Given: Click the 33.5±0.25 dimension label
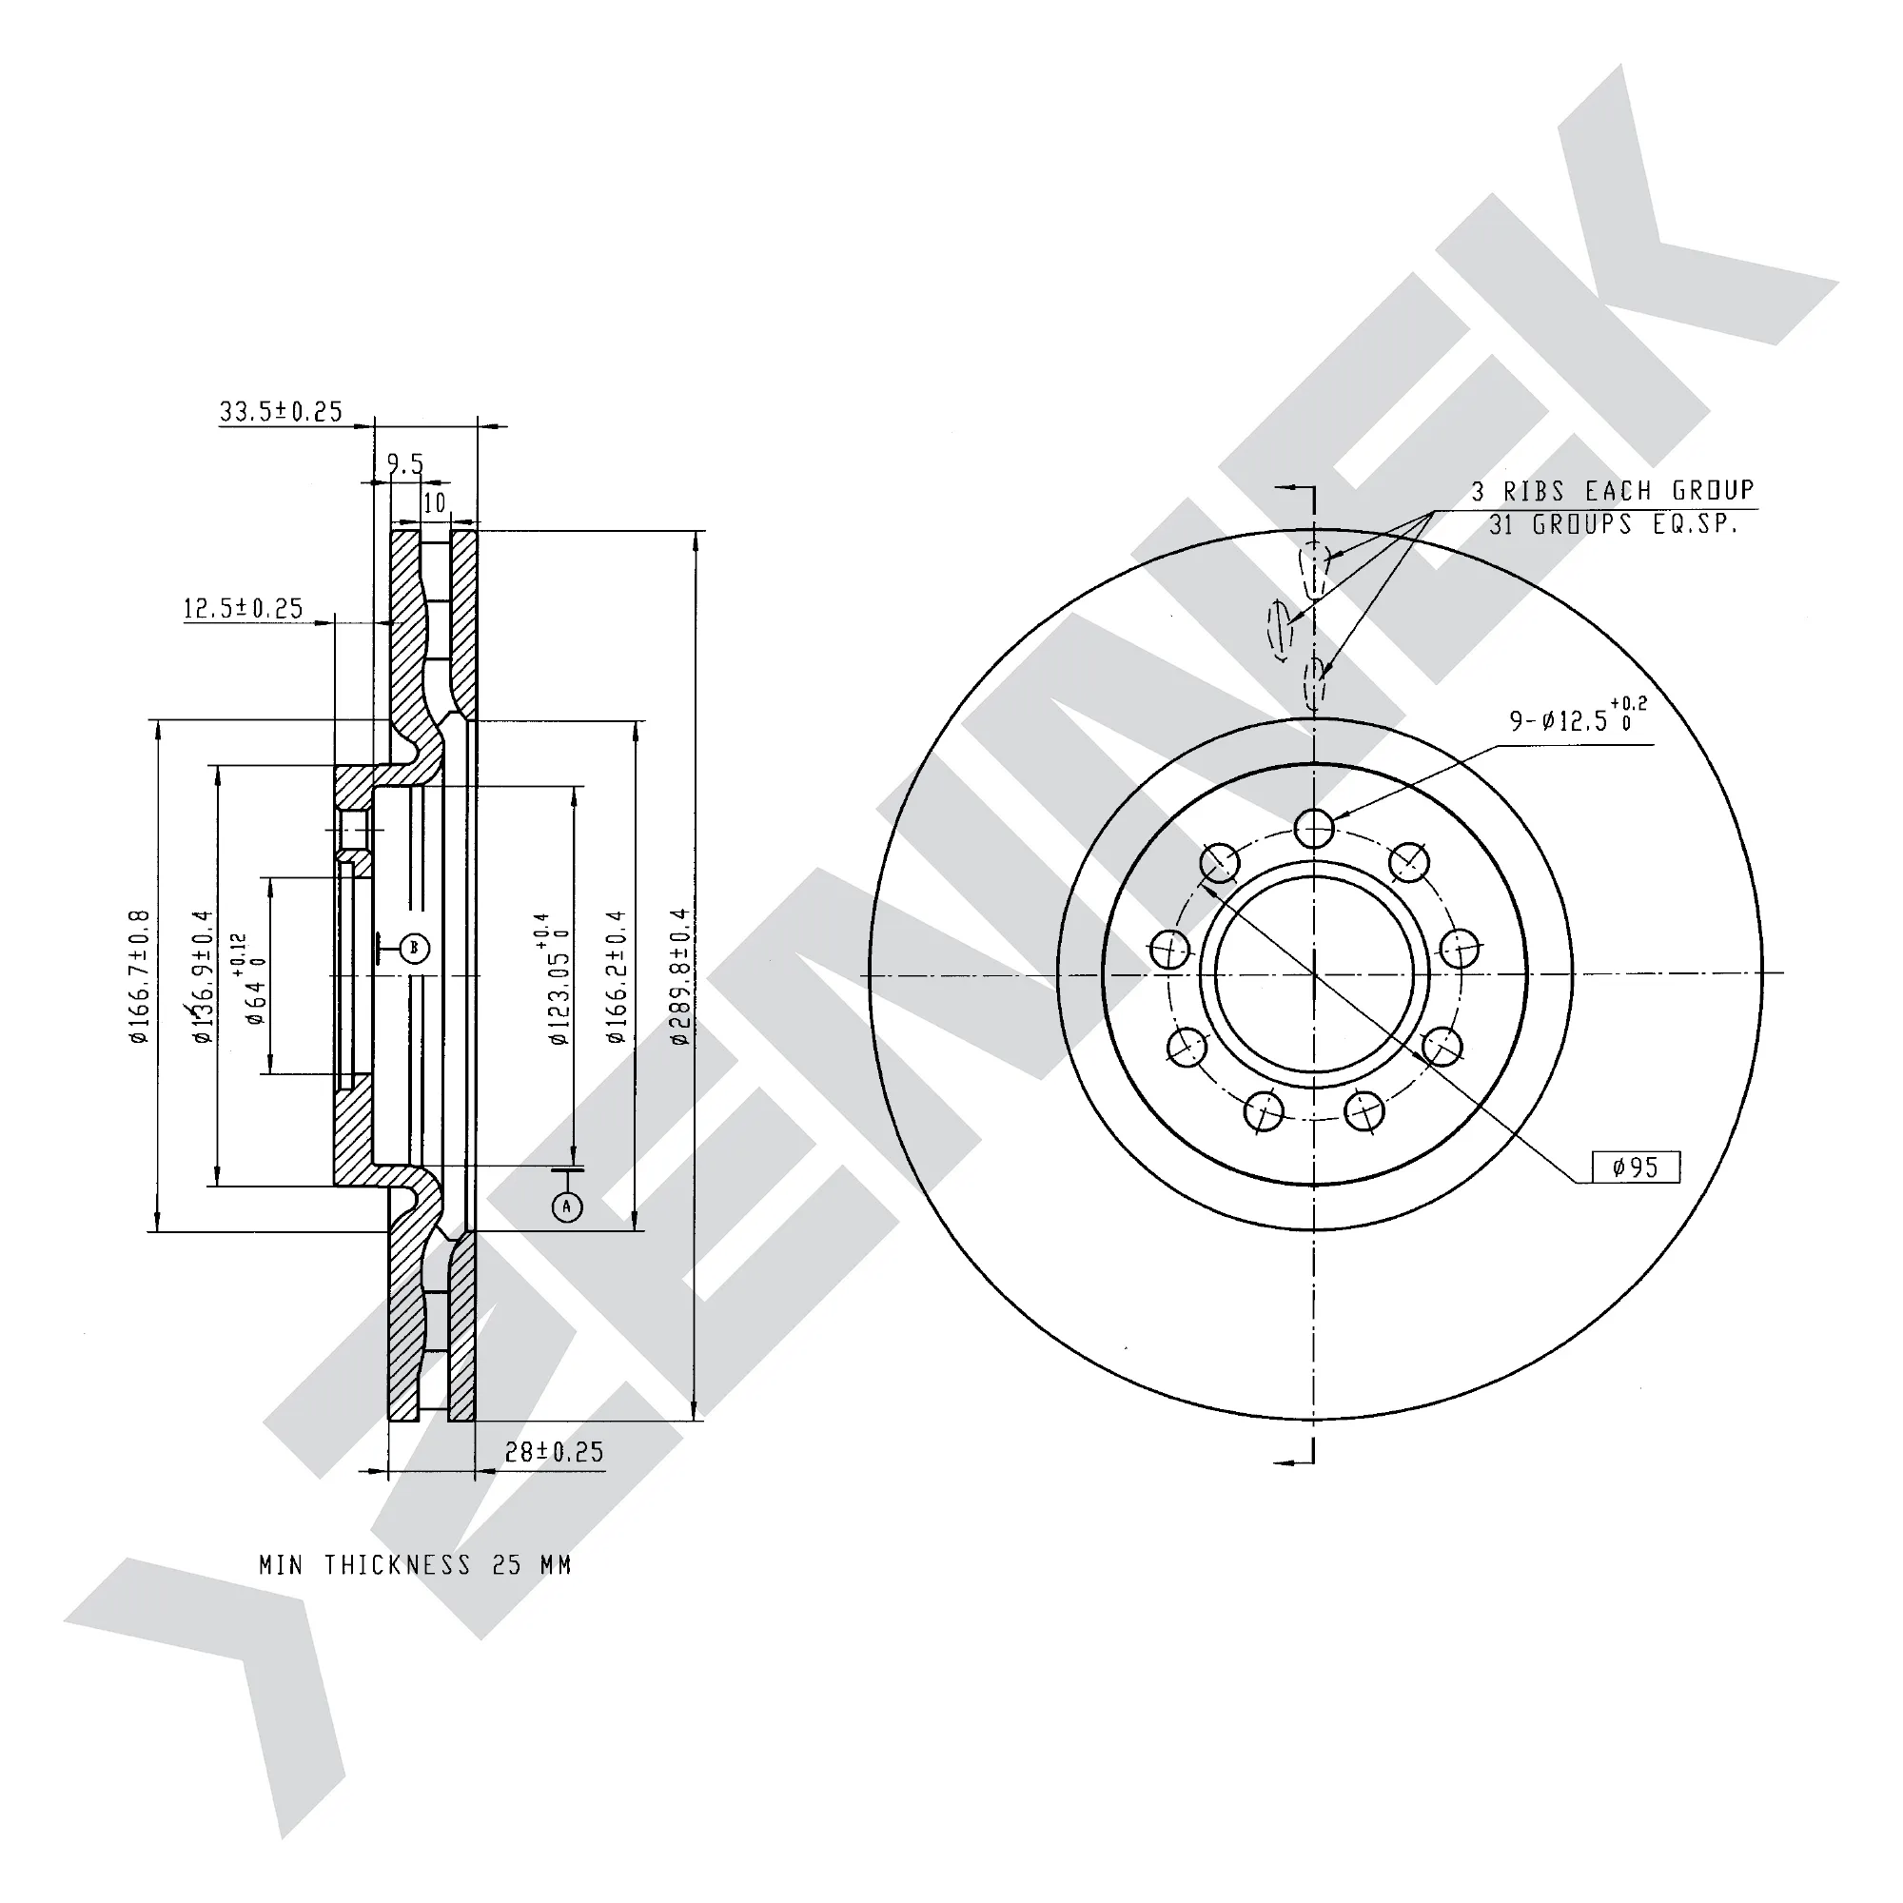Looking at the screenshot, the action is pos(281,411).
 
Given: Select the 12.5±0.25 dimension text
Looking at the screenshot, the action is pos(244,609).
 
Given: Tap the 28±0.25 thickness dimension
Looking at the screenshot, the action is pos(555,1452).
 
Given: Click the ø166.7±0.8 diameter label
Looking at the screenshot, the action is pos(139,976).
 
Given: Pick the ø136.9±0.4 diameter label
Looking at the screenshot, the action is pos(202,976).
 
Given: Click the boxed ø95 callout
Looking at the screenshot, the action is pos(1636,1167).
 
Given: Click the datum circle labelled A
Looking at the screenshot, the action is pos(566,1207).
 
